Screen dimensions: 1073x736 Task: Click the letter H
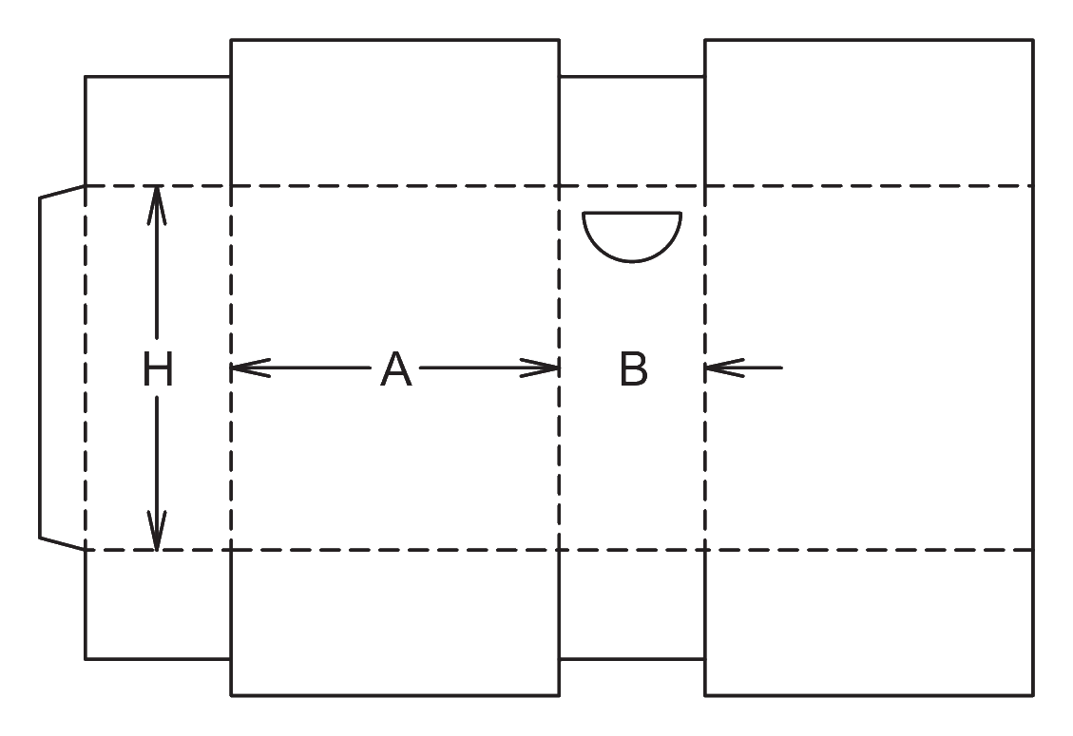click(158, 368)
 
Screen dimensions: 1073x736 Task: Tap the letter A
click(396, 369)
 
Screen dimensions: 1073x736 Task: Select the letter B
click(634, 369)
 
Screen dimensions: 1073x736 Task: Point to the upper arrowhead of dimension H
click(157, 204)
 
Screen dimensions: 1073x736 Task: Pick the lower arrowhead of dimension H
click(157, 531)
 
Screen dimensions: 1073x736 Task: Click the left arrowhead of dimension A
click(251, 368)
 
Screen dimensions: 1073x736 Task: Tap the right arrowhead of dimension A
click(540, 368)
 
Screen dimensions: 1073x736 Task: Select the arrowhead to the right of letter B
click(724, 368)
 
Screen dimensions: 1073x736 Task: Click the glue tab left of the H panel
click(63, 368)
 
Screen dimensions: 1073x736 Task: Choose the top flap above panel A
click(394, 113)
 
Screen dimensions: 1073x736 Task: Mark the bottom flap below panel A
click(394, 622)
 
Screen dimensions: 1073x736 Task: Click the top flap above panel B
click(632, 131)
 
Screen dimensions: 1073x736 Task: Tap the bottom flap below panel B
click(632, 605)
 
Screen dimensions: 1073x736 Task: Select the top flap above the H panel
click(158, 131)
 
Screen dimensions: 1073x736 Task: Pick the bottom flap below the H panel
click(158, 605)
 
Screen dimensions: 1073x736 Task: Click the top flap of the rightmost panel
click(869, 113)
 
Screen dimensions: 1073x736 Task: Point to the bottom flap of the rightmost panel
click(869, 622)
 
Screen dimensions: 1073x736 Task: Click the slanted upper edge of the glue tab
click(63, 192)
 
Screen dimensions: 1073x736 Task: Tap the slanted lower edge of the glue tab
click(63, 544)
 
